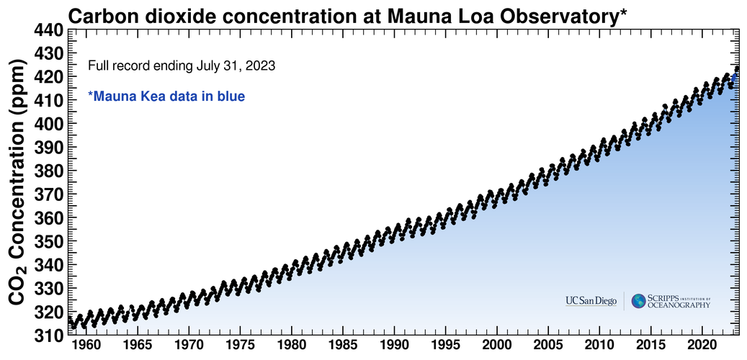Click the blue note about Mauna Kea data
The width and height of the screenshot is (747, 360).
[x=166, y=95]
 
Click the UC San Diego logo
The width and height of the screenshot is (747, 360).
[x=591, y=301]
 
